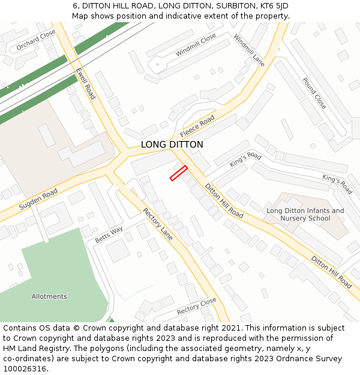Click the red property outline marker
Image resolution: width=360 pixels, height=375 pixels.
(x=178, y=173)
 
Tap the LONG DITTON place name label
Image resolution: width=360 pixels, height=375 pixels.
(x=172, y=145)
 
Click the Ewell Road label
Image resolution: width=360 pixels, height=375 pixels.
(x=85, y=83)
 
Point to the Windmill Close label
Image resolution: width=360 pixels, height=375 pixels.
(x=196, y=45)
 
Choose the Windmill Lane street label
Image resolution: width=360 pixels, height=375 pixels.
(x=249, y=50)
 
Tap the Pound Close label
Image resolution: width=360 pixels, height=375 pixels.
(x=314, y=93)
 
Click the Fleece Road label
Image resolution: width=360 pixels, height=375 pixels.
(x=197, y=127)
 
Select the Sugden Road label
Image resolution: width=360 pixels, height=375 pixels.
(x=38, y=199)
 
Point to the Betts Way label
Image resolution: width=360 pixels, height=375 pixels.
(x=109, y=235)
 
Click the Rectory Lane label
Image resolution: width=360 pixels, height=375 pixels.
(x=158, y=224)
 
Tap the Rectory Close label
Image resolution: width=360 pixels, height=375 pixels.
(x=196, y=306)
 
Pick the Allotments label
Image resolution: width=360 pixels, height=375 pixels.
(x=49, y=296)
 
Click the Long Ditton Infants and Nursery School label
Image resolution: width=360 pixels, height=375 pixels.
(x=305, y=214)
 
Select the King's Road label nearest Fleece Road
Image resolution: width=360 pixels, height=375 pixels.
(x=245, y=160)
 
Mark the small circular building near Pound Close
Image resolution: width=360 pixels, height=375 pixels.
(x=313, y=145)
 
